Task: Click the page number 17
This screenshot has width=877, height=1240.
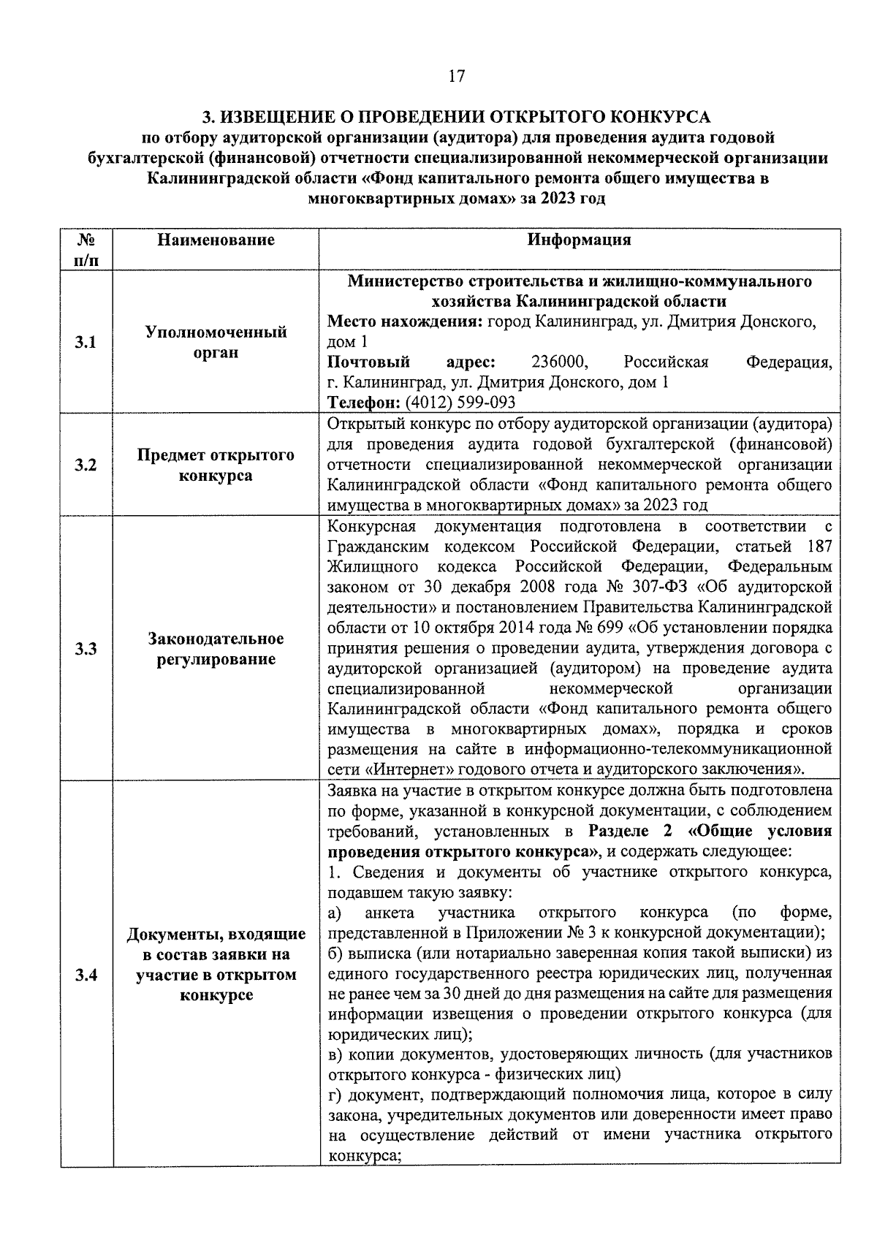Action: click(456, 76)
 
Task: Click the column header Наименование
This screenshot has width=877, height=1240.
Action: click(216, 240)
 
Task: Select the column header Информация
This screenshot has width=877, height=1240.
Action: click(580, 240)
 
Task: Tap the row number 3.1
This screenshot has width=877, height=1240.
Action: click(86, 343)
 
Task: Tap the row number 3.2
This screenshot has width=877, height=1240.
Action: click(86, 465)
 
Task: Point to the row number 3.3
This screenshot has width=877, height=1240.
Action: click(86, 649)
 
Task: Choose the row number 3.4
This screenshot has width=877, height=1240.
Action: click(86, 975)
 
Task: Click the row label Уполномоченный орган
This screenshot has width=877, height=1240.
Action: click(216, 343)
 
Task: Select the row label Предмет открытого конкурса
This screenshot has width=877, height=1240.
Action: click(216, 465)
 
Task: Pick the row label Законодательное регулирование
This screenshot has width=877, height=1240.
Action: click(216, 649)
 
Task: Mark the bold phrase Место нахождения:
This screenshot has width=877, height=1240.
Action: click(404, 322)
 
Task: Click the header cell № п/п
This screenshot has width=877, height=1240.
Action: click(86, 249)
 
